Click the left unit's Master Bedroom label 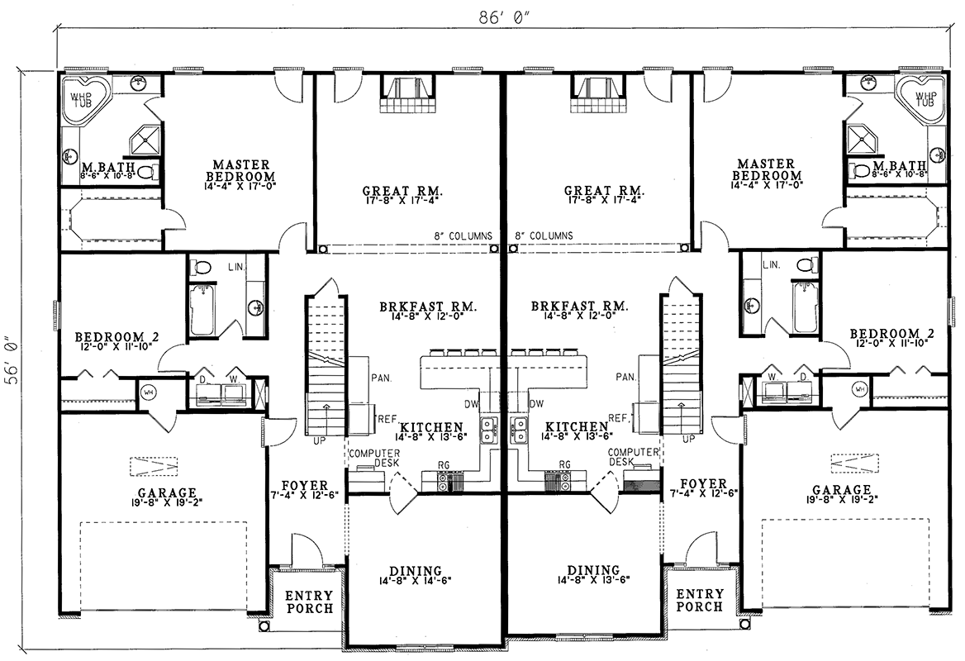(x=240, y=170)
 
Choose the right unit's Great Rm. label (x=604, y=191)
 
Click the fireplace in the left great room (x=409, y=95)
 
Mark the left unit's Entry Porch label (x=309, y=602)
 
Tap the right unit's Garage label (x=841, y=490)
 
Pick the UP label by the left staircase (x=319, y=440)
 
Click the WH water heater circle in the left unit (x=149, y=391)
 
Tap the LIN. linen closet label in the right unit (x=771, y=264)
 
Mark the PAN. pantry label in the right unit (x=625, y=377)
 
